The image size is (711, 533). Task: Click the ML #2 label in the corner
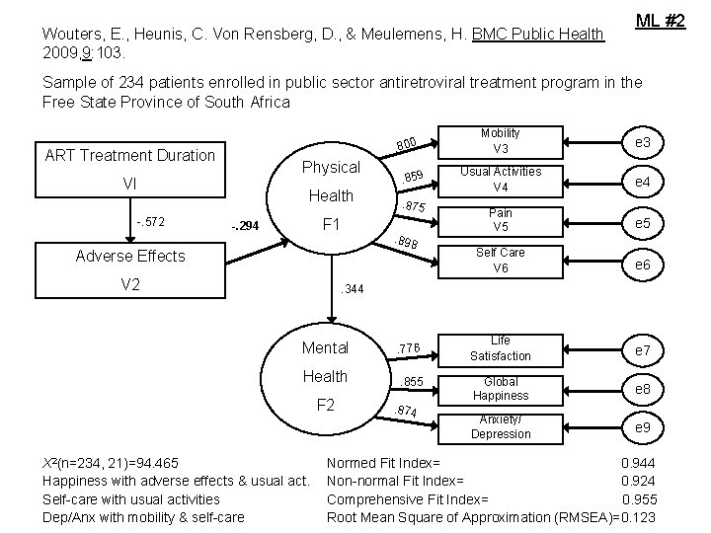pyautogui.click(x=660, y=19)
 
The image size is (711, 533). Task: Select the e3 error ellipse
pyautogui.click(x=642, y=142)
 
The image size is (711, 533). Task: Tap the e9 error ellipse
pyautogui.click(x=642, y=426)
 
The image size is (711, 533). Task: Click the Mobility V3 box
pyautogui.click(x=501, y=141)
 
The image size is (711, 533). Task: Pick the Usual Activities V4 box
pyautogui.click(x=501, y=179)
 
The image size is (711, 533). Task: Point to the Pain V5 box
pyautogui.click(x=501, y=220)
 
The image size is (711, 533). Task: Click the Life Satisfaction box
pyautogui.click(x=501, y=348)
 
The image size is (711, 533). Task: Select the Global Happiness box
pyautogui.click(x=501, y=389)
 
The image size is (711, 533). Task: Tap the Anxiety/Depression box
pyautogui.click(x=501, y=426)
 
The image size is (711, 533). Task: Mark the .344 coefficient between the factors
pyautogui.click(x=352, y=289)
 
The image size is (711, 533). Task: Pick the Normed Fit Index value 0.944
pyautogui.click(x=637, y=463)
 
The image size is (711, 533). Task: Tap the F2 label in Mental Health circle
pyautogui.click(x=325, y=405)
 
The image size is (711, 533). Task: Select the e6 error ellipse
pyautogui.click(x=642, y=266)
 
